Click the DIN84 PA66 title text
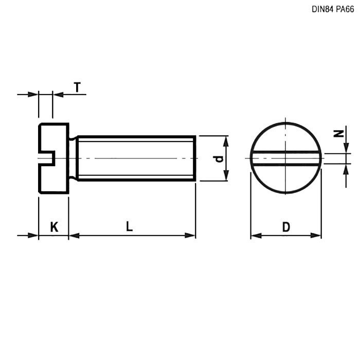click(333, 9)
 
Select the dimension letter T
click(77, 87)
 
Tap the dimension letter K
click(54, 227)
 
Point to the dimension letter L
click(129, 226)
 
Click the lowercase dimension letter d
click(219, 158)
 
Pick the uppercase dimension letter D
click(286, 227)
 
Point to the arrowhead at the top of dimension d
click(225, 140)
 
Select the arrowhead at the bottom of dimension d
click(225, 176)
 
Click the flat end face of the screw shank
click(194, 158)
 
